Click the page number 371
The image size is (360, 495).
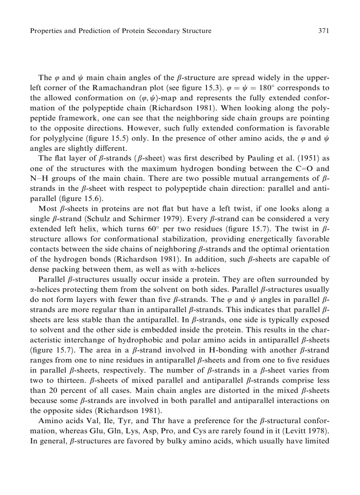tap(324, 31)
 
